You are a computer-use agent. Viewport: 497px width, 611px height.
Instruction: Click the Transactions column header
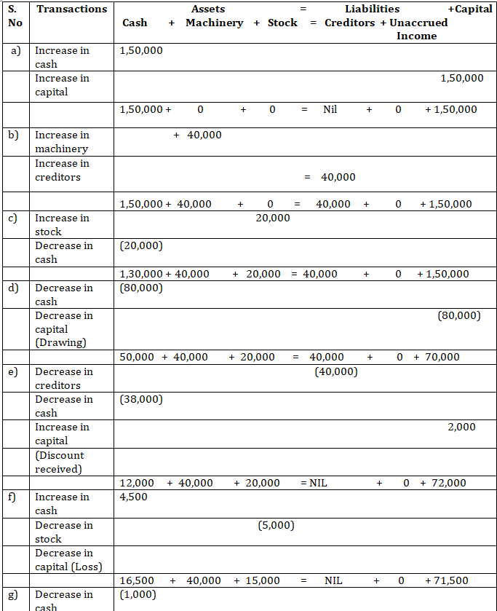pos(71,9)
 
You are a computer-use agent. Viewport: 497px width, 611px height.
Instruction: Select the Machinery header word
pos(214,23)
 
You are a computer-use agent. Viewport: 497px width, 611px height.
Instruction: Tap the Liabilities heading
pos(372,9)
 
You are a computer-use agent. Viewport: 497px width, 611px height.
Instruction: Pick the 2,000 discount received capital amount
pos(461,427)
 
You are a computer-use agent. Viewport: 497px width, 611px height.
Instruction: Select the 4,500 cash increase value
pos(133,497)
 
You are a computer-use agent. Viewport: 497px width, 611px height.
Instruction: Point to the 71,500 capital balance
pos(450,580)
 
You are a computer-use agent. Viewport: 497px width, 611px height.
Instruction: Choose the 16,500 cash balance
pos(137,580)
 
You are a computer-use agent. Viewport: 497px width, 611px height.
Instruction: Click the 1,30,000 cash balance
pos(140,274)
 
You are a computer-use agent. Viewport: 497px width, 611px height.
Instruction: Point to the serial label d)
pos(14,288)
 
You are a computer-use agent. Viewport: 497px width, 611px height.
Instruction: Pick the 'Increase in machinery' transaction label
pos(62,141)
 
